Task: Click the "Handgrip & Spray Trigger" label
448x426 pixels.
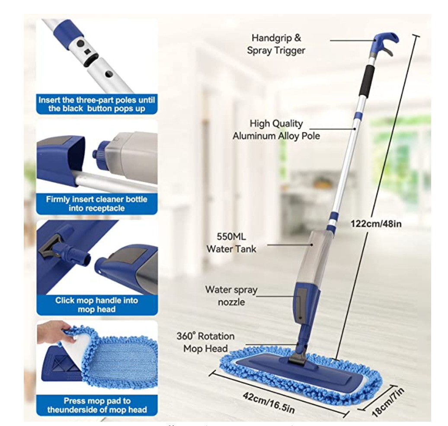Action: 276,44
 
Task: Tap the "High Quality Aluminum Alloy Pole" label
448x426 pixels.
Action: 276,129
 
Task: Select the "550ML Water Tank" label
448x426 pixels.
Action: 231,242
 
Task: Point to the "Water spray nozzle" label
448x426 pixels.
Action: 231,296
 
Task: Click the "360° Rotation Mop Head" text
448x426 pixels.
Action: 205,342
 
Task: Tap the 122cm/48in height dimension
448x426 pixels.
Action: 376,223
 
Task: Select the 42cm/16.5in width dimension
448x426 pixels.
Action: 268,403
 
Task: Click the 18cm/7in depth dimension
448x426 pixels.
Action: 388,402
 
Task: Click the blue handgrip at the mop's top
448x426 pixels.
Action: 386,40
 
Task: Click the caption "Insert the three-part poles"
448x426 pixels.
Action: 96,100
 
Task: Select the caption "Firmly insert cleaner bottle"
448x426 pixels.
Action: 96,199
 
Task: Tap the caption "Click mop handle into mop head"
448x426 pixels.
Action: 96,305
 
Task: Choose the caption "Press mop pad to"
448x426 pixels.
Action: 97,400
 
